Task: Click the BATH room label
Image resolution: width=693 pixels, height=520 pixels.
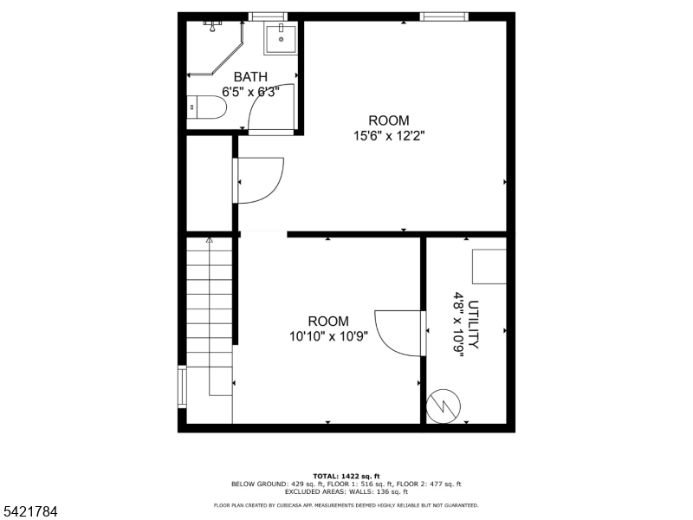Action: (x=250, y=77)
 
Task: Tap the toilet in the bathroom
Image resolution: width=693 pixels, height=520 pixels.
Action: (x=206, y=107)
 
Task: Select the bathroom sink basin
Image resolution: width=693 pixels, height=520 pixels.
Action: (x=281, y=38)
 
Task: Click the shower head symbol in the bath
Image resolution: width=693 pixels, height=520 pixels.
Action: (x=212, y=26)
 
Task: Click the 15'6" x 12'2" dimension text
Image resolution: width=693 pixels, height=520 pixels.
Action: (x=388, y=136)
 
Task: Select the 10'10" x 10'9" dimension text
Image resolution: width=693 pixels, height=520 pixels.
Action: (x=328, y=336)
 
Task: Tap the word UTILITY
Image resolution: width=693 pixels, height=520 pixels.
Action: (x=473, y=324)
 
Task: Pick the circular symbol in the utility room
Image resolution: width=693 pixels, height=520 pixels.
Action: (x=444, y=406)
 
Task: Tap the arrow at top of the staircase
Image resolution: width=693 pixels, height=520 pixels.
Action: (x=209, y=240)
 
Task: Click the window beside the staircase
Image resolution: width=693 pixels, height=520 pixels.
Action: (x=182, y=386)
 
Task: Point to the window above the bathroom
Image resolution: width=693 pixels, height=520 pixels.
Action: (x=269, y=16)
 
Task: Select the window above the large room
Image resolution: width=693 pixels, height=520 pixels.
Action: (x=444, y=16)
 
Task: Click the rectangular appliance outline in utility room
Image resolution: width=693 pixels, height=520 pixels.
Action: (x=489, y=266)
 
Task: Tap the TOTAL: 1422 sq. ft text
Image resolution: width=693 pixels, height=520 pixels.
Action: (x=346, y=476)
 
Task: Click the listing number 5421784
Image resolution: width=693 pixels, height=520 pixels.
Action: (x=29, y=512)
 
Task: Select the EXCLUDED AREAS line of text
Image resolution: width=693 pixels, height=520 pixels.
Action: (x=346, y=491)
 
